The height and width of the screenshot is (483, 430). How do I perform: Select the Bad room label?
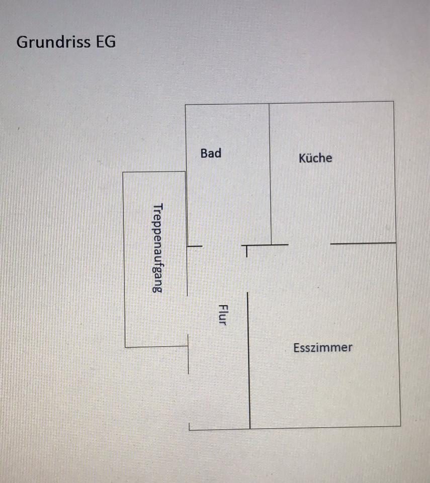pos(211,153)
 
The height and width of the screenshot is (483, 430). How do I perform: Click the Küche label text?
pos(315,158)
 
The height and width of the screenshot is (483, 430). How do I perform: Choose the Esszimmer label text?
pos(323,347)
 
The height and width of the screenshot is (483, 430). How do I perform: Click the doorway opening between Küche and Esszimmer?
pos(309,244)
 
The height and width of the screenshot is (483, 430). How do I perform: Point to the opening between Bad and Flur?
pos(222,246)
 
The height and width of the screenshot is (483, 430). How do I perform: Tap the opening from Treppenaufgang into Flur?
pos(188,314)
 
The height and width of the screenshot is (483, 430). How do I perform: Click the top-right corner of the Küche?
pos(393,102)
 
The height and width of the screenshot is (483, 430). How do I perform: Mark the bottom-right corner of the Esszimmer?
pos(400,426)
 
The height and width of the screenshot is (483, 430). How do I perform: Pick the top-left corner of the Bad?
pos(186,105)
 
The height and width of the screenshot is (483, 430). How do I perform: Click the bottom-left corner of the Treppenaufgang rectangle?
pos(125,347)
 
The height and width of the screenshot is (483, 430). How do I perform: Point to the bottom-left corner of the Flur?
pos(190,429)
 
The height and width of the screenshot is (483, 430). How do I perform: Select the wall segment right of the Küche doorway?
pos(363,244)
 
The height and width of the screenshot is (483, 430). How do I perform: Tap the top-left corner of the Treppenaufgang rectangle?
pos(123,173)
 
